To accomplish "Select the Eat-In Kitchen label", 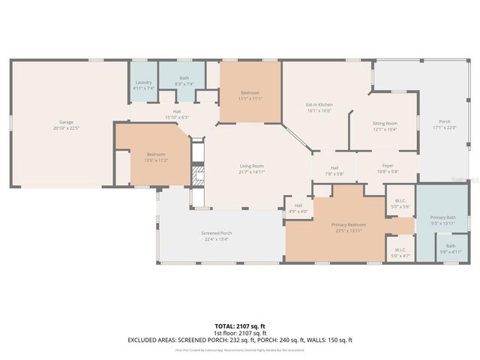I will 319,105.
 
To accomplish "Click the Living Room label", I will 251,166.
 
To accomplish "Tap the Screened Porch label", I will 216,233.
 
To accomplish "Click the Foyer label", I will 388,166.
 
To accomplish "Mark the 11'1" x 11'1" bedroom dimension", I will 250,98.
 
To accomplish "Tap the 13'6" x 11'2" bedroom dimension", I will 156,160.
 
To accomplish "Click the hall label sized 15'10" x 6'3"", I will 177,117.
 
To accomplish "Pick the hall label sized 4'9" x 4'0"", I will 298,211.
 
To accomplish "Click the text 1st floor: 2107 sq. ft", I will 240,334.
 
